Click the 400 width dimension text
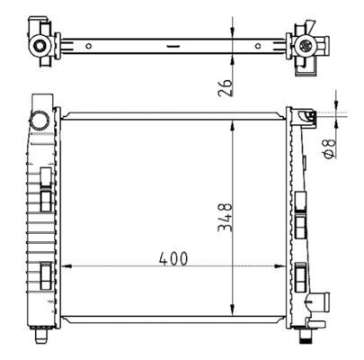173,258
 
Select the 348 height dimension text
226,219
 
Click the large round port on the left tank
40,119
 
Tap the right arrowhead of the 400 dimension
279,267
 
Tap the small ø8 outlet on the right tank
309,115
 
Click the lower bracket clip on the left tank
46,270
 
